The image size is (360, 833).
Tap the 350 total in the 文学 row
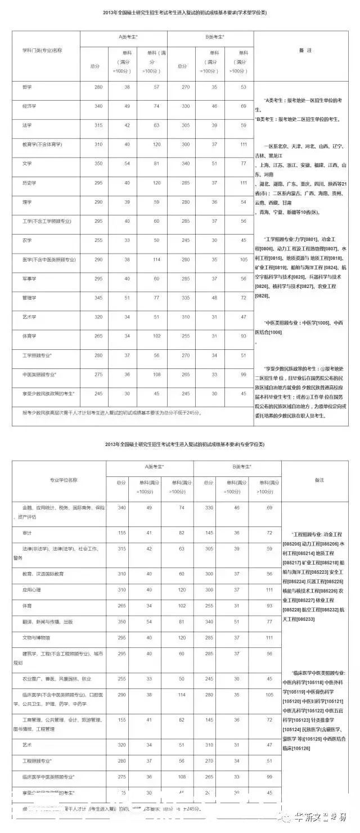click(98, 163)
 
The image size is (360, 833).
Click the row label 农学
click(27, 240)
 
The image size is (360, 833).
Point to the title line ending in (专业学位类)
click(185, 444)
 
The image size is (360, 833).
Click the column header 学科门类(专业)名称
click(42, 50)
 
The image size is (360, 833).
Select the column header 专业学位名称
click(64, 480)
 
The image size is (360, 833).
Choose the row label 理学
click(27, 201)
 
